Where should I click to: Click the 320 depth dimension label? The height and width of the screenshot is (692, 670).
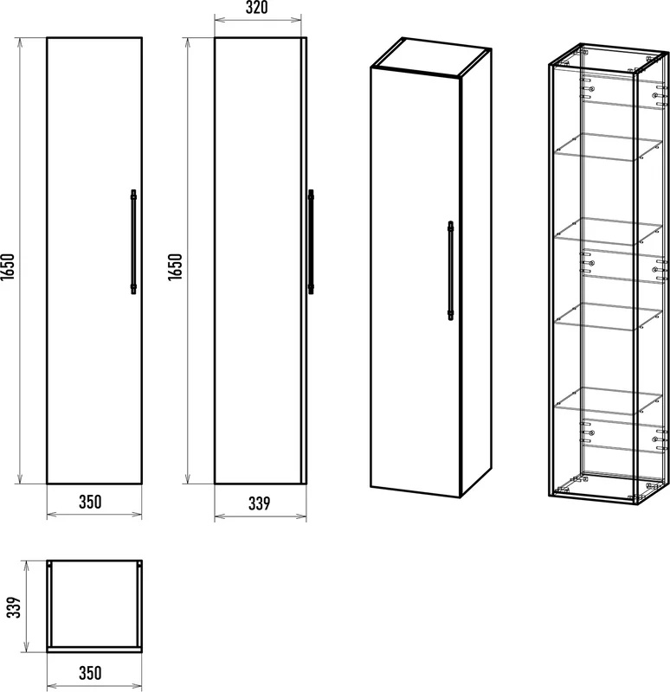point(256,8)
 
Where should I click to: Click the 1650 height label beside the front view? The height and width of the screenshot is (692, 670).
point(9,266)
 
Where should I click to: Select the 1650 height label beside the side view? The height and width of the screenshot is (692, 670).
point(176,266)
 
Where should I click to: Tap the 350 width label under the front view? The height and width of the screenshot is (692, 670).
point(90,502)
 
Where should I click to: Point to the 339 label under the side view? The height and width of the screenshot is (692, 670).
point(259,503)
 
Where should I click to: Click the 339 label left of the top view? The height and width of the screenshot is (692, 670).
point(14,607)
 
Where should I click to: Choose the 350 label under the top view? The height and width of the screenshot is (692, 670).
point(90,673)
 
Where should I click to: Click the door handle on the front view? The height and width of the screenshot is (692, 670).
point(133,242)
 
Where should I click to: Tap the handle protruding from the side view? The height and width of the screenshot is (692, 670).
point(311,242)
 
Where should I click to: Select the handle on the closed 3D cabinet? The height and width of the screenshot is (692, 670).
point(450,271)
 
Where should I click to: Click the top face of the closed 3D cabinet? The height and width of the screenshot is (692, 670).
point(431,57)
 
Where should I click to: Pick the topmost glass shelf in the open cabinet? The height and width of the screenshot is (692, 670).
point(609,146)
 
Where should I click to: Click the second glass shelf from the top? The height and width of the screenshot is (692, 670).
point(609,231)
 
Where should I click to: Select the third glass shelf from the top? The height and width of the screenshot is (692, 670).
point(609,316)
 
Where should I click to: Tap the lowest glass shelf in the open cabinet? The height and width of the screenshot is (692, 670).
point(609,400)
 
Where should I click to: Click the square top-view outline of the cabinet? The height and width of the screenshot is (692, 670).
point(48,606)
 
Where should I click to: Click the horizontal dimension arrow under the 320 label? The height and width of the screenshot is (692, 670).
point(257,20)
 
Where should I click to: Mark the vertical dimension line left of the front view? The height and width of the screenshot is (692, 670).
point(19,260)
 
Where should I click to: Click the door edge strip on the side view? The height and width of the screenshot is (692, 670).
point(304,260)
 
